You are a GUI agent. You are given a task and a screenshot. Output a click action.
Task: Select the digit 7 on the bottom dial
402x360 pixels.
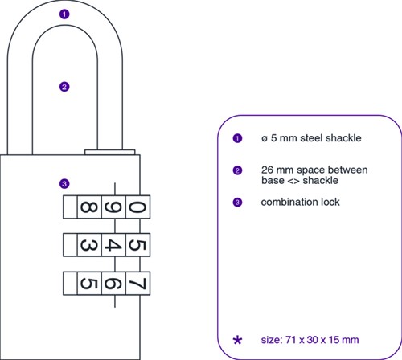(x=137, y=282)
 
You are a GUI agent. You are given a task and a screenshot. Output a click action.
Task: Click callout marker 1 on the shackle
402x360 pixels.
(x=64, y=14)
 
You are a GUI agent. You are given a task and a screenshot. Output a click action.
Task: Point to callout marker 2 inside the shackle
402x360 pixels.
(x=64, y=87)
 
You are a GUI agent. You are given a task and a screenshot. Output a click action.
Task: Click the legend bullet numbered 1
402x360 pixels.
(x=237, y=138)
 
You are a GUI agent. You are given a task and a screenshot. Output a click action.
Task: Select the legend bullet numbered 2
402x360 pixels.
(x=237, y=170)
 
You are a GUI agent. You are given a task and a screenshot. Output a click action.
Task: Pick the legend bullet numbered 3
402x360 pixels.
(x=237, y=202)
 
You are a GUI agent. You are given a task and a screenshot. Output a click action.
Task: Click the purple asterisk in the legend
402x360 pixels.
(x=237, y=341)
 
